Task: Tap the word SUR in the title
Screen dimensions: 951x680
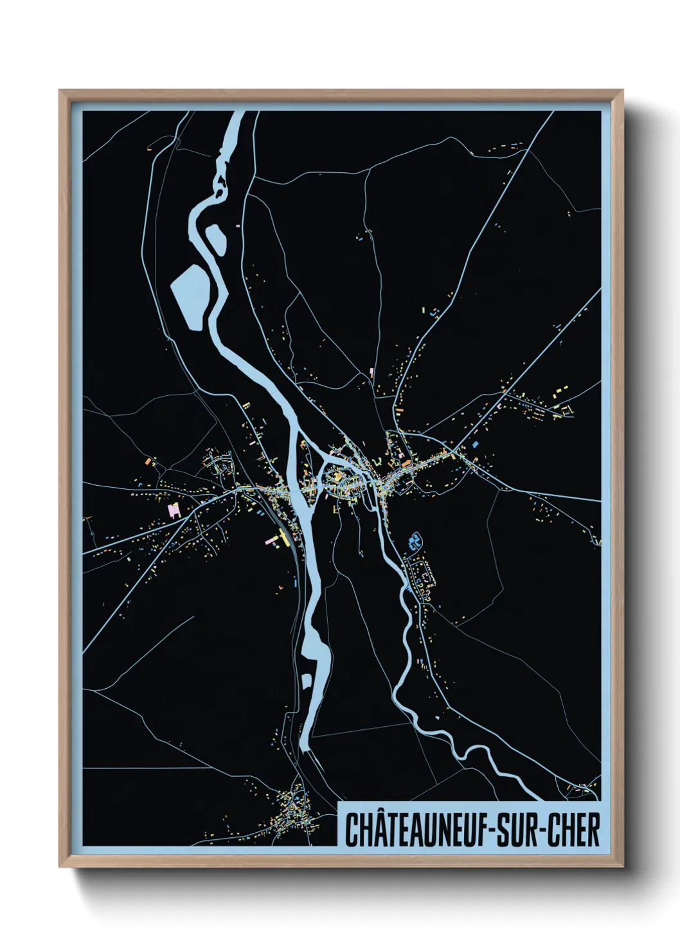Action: coord(520,830)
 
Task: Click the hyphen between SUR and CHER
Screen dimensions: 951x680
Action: coord(544,831)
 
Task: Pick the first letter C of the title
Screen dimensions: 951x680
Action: coord(352,830)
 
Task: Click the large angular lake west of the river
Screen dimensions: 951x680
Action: coord(191,296)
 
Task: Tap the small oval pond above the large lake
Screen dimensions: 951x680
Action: coord(215,238)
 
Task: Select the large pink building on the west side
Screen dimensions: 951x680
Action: coord(172,510)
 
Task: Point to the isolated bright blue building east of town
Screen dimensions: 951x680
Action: coord(476,444)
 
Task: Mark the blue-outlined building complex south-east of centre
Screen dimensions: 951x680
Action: coord(414,540)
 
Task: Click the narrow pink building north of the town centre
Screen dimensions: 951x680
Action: coord(371,372)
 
